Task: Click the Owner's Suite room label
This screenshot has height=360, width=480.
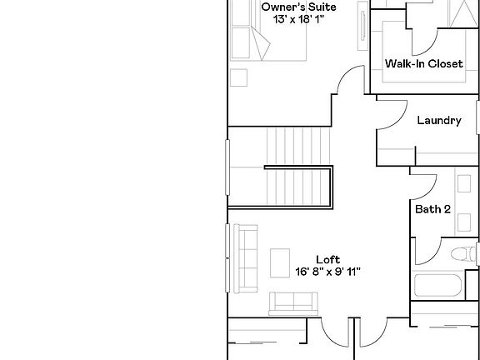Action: [298, 7]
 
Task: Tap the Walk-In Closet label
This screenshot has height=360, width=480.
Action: [423, 64]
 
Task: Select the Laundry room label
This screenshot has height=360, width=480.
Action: [438, 121]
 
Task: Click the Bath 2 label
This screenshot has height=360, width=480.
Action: [432, 209]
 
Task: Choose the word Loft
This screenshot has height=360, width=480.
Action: [327, 259]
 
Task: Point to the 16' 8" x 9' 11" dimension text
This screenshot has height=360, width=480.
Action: [327, 271]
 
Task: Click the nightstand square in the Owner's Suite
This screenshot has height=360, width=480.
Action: [240, 77]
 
